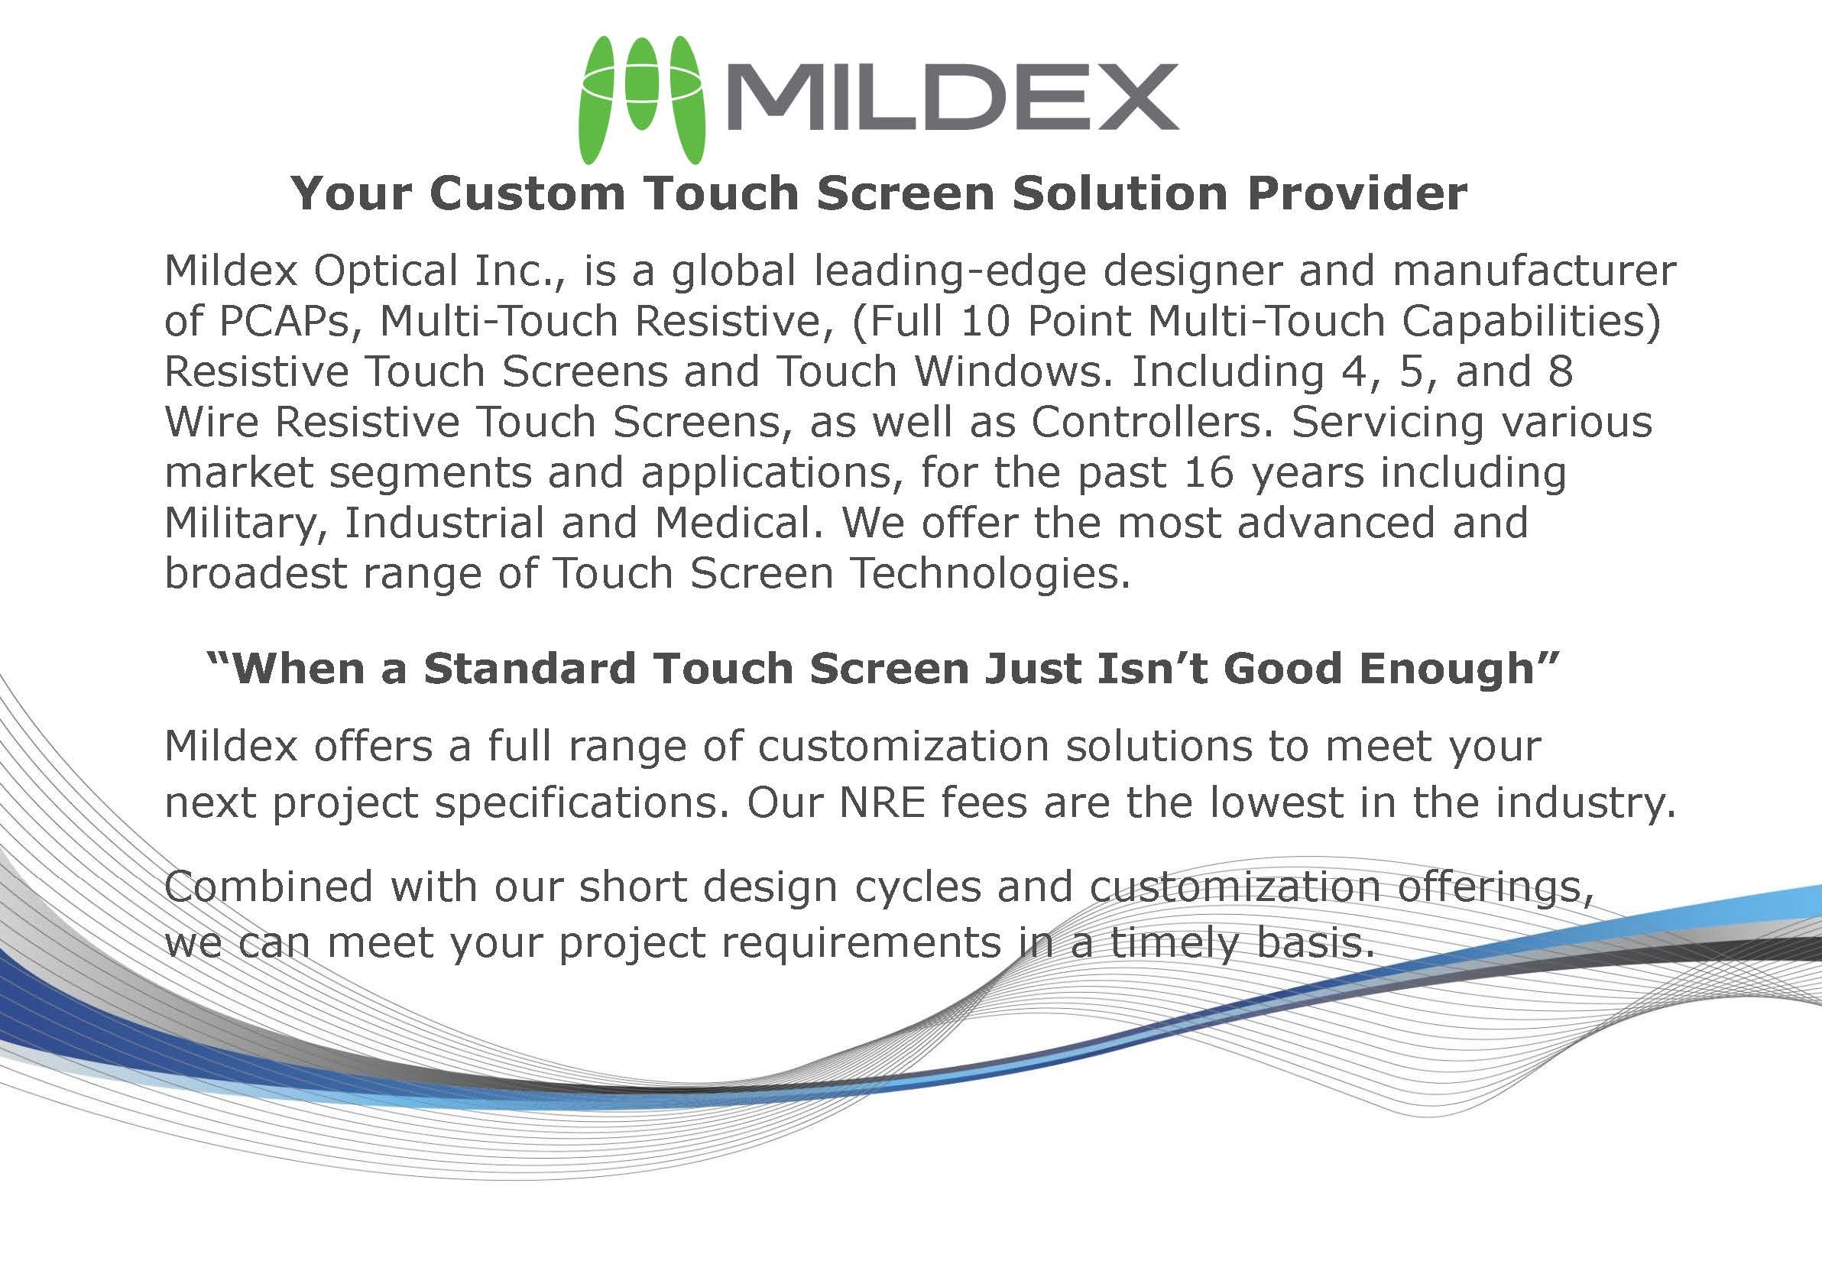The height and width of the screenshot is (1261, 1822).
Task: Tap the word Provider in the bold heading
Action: (1357, 193)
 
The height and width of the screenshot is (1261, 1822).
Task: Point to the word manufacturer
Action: (1534, 271)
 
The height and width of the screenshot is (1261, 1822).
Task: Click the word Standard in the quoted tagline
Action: (530, 669)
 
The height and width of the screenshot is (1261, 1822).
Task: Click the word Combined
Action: (269, 886)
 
